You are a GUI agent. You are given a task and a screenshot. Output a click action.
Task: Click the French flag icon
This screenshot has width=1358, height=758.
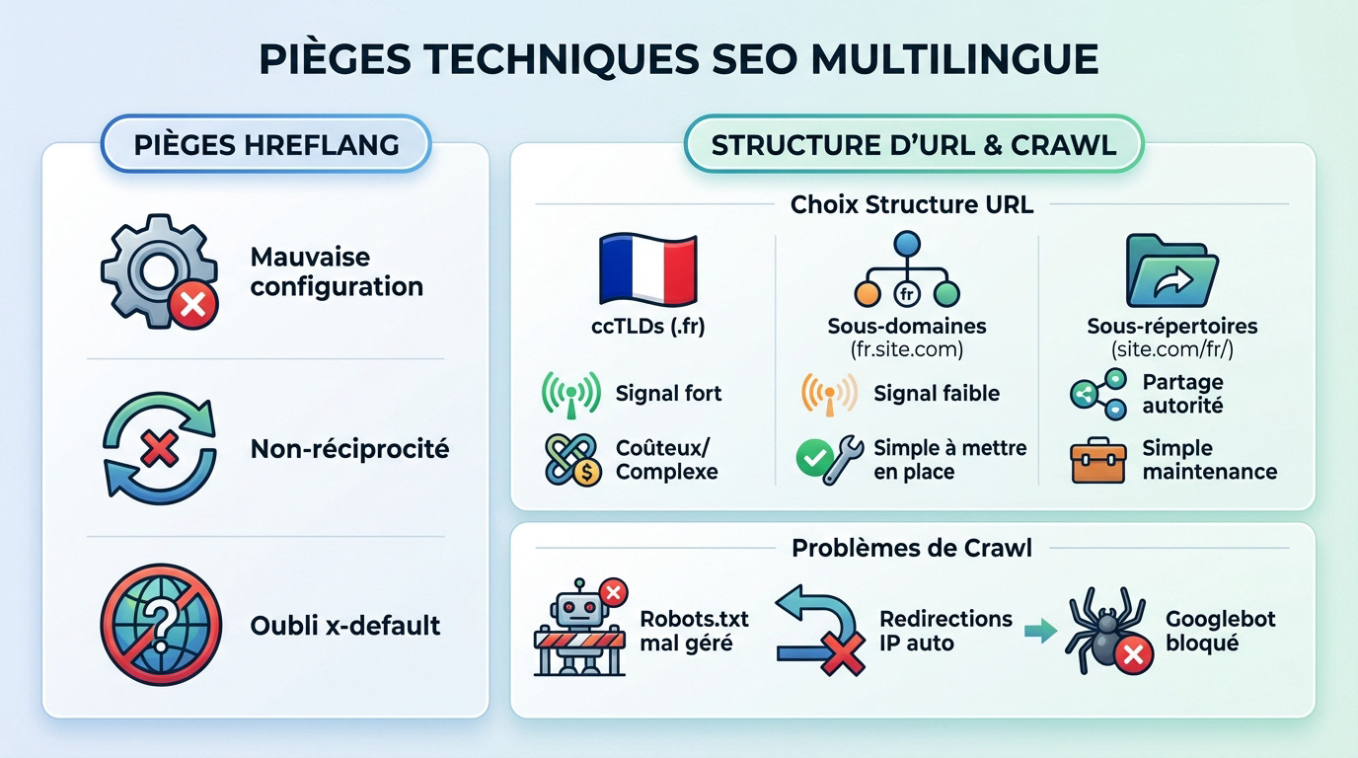pos(647,268)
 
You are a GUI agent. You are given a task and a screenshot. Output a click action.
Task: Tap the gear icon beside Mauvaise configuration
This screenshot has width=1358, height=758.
pos(158,270)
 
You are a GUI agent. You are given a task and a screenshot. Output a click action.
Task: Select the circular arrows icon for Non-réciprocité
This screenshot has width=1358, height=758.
pos(158,450)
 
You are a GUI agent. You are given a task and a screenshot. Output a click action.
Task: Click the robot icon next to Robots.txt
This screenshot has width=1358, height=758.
pos(578,628)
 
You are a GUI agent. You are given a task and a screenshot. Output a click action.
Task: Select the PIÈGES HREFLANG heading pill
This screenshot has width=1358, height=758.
pos(265,145)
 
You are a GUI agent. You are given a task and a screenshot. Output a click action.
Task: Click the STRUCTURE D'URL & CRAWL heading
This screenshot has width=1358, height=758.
pos(913,145)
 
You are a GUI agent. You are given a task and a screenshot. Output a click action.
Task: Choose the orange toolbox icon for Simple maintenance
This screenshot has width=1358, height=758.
pos(1097,461)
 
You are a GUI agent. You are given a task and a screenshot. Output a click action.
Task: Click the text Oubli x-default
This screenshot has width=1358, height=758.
pos(344,626)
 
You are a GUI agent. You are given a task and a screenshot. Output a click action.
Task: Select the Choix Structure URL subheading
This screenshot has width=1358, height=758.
pos(912,204)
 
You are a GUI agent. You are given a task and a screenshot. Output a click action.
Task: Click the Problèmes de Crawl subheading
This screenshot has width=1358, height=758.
pos(912,548)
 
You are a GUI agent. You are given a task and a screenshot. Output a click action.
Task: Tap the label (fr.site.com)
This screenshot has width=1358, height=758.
pos(906,348)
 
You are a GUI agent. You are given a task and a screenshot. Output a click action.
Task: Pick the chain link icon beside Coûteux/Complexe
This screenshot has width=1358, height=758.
pos(572,460)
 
